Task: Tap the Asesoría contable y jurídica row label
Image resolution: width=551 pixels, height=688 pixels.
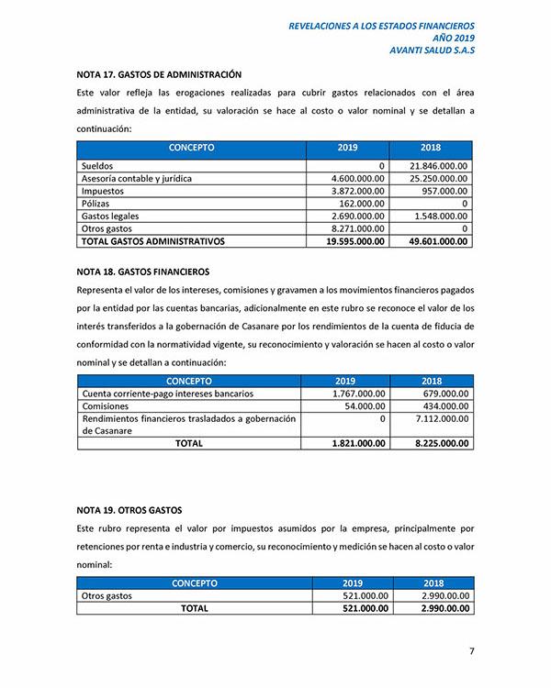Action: (x=137, y=178)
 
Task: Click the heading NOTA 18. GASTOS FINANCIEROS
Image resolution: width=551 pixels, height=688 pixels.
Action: (x=143, y=272)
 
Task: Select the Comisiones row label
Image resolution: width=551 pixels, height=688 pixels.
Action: (x=106, y=405)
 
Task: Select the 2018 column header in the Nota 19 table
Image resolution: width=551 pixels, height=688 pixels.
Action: (x=433, y=583)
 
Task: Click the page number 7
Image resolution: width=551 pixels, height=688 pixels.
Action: (x=472, y=651)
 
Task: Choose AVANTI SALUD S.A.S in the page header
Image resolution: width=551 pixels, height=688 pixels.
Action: (x=432, y=50)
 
